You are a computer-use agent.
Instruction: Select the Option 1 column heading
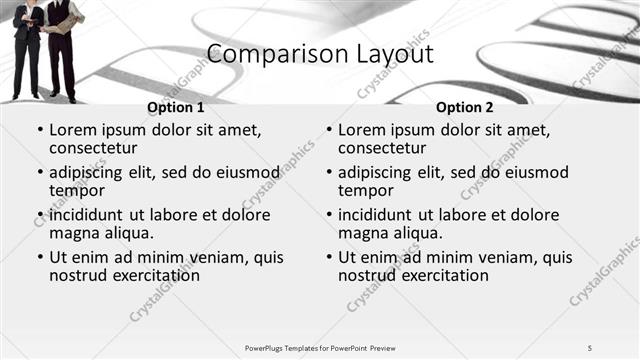(175, 107)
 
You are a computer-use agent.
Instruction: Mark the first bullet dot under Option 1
(39, 130)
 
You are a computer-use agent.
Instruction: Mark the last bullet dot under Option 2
(328, 257)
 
